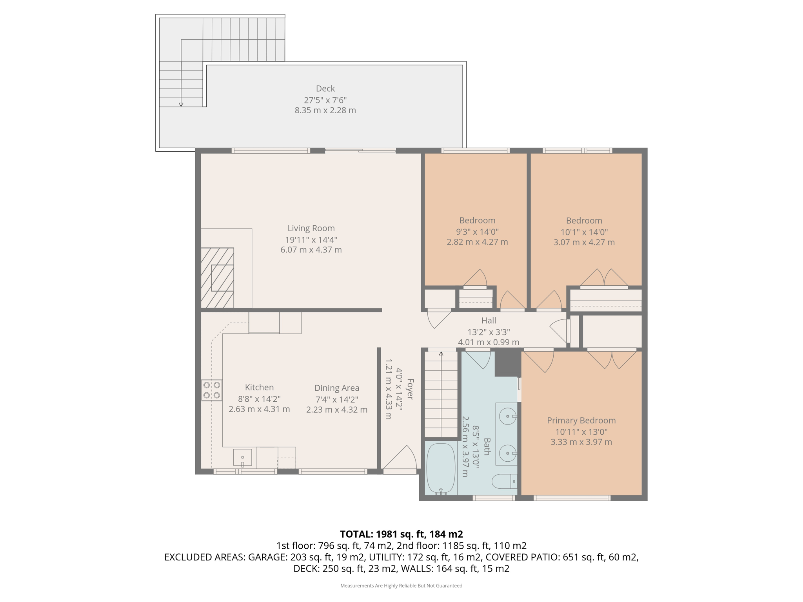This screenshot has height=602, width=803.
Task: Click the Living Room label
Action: (x=311, y=228)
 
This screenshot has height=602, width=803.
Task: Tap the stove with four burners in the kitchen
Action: (x=212, y=390)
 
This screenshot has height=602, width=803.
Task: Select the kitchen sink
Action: (x=242, y=457)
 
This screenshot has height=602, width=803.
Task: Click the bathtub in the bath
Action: (x=441, y=468)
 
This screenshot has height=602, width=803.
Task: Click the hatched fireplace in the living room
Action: (x=218, y=277)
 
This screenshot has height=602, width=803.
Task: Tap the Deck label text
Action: (x=325, y=89)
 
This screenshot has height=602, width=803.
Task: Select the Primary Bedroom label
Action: (x=581, y=420)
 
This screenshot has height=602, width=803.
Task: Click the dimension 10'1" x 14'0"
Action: (x=584, y=232)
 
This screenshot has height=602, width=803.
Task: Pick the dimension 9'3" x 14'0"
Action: (x=477, y=232)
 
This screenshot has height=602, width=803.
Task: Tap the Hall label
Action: (x=489, y=321)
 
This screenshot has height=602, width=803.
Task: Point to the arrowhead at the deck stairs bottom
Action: (x=181, y=105)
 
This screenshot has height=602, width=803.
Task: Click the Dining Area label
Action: (x=337, y=388)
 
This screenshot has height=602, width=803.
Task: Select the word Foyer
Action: (x=410, y=389)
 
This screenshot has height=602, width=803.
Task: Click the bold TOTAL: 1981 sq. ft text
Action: (x=401, y=534)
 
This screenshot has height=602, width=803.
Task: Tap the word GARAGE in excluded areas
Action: (x=267, y=557)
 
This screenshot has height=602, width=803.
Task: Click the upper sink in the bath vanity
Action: (x=508, y=416)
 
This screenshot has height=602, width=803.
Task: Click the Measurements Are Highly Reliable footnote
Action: (x=401, y=586)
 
